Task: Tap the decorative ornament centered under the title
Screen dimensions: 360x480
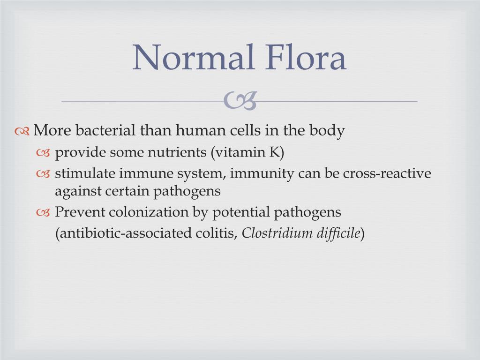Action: pyautogui.click(x=240, y=101)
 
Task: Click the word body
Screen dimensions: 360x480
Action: pyautogui.click(x=327, y=131)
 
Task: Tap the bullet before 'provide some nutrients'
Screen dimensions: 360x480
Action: pyautogui.click(x=44, y=153)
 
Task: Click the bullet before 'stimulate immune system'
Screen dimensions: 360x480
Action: pyautogui.click(x=44, y=174)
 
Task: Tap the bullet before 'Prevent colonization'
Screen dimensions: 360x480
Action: pyautogui.click(x=44, y=213)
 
